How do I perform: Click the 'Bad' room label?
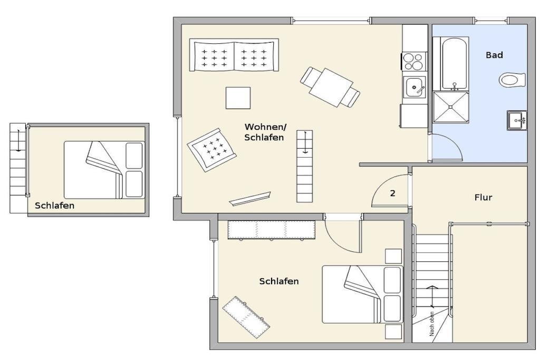494,55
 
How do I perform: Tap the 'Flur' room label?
483,198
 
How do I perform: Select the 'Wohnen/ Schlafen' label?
265,132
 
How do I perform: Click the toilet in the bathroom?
512,80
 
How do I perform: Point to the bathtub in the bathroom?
454,64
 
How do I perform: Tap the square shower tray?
450,106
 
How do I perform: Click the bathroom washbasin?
517,120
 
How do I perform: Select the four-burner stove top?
413,62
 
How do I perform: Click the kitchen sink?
414,87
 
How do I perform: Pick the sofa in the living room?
234,55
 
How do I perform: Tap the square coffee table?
238,98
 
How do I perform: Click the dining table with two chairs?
330,87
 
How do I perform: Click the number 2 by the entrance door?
392,193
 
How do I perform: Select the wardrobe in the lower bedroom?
272,230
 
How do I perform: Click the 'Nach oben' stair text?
432,324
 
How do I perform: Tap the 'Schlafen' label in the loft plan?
54,206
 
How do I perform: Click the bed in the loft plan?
104,170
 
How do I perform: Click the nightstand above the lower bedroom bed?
393,256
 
